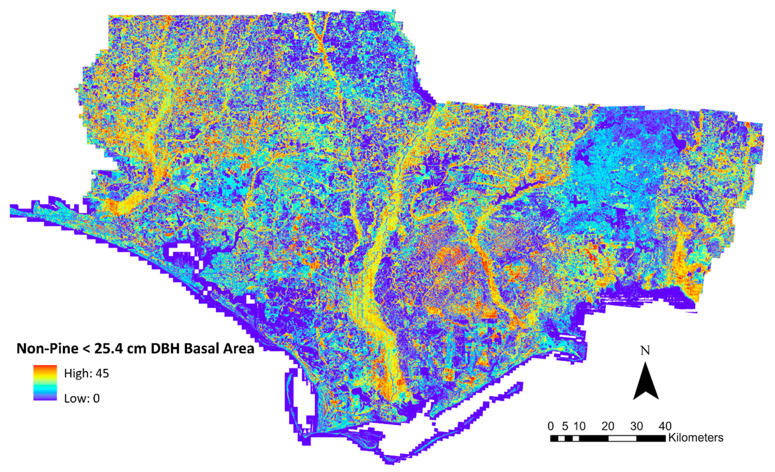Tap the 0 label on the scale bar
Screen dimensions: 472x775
550,426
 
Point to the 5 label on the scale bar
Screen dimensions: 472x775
565,426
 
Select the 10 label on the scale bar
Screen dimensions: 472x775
579,426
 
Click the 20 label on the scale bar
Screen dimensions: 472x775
608,426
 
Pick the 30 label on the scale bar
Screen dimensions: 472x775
636,426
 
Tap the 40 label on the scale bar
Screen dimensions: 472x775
665,426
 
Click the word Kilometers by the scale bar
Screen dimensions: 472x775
696,438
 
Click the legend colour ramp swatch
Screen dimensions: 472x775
45,383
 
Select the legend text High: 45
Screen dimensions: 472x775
87,373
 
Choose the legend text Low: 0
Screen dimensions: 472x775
82,399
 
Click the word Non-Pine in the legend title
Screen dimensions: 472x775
47,349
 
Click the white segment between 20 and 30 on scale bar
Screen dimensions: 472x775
622,438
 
